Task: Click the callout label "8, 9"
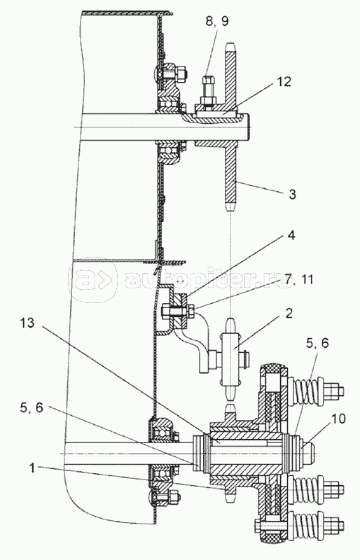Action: point(216,22)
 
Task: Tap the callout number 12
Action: point(284,82)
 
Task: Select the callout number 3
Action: point(293,195)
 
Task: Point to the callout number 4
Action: point(292,235)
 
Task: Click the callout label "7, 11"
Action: point(297,279)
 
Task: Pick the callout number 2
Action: point(289,313)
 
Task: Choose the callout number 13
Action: point(27,323)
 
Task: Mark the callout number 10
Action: point(338,419)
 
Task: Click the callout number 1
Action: point(32,468)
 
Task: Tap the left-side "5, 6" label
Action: point(32,407)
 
